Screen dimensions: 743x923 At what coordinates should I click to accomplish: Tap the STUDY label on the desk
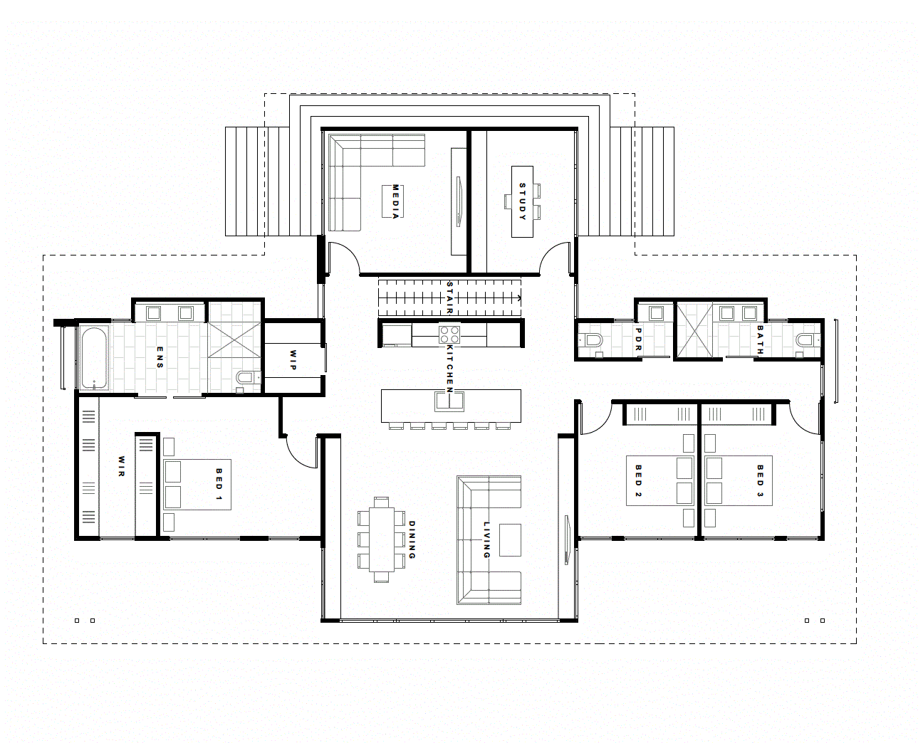(x=522, y=201)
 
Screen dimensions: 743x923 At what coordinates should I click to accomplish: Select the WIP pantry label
(x=293, y=358)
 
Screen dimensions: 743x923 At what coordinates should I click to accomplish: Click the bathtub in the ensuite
(x=93, y=357)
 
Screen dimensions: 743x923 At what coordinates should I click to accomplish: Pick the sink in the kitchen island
(x=449, y=401)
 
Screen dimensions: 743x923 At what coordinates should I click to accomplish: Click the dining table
(x=381, y=539)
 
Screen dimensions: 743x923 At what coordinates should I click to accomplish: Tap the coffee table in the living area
(x=510, y=539)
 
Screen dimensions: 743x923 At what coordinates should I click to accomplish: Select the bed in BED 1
(x=197, y=484)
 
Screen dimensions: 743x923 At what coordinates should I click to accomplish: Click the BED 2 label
(x=638, y=480)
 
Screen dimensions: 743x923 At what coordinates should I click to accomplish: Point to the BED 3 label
(x=760, y=480)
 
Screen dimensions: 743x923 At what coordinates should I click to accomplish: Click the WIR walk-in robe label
(x=121, y=466)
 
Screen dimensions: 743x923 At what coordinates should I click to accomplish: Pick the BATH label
(x=760, y=340)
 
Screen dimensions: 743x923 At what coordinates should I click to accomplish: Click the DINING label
(x=412, y=539)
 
